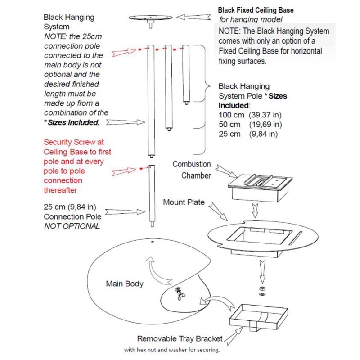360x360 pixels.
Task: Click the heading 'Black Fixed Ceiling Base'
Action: (256, 9)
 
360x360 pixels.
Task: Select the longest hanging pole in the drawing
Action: (151, 99)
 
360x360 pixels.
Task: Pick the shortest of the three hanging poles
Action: (185, 74)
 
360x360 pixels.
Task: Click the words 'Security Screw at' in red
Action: (74, 142)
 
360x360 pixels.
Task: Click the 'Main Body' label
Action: (125, 283)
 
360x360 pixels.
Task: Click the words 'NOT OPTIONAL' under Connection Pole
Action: (72, 226)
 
